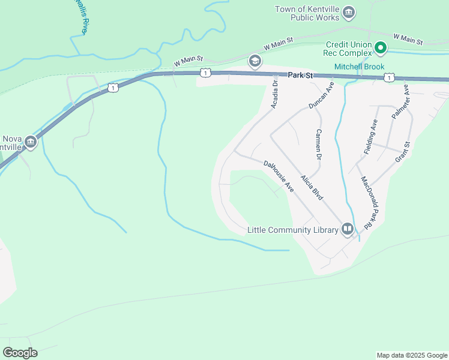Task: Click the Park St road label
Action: point(301,76)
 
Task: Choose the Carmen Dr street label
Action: point(319,144)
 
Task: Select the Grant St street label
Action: point(402,152)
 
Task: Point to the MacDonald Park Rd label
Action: point(368,201)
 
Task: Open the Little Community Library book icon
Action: point(348,229)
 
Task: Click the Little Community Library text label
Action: point(293,230)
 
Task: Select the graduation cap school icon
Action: point(255,61)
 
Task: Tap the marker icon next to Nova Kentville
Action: point(31,142)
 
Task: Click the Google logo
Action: point(20,353)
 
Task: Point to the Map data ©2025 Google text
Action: point(411,355)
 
